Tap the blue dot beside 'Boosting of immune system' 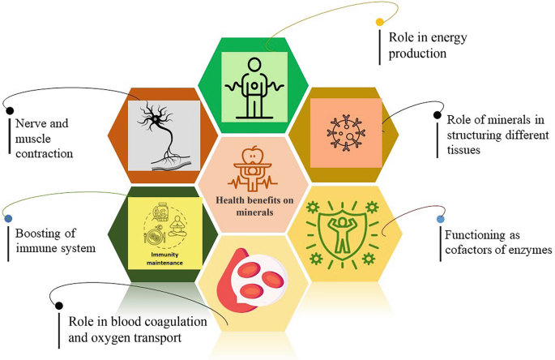8,218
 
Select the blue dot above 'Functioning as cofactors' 440,219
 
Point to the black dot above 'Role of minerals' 438,116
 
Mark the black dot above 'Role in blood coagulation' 58,306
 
